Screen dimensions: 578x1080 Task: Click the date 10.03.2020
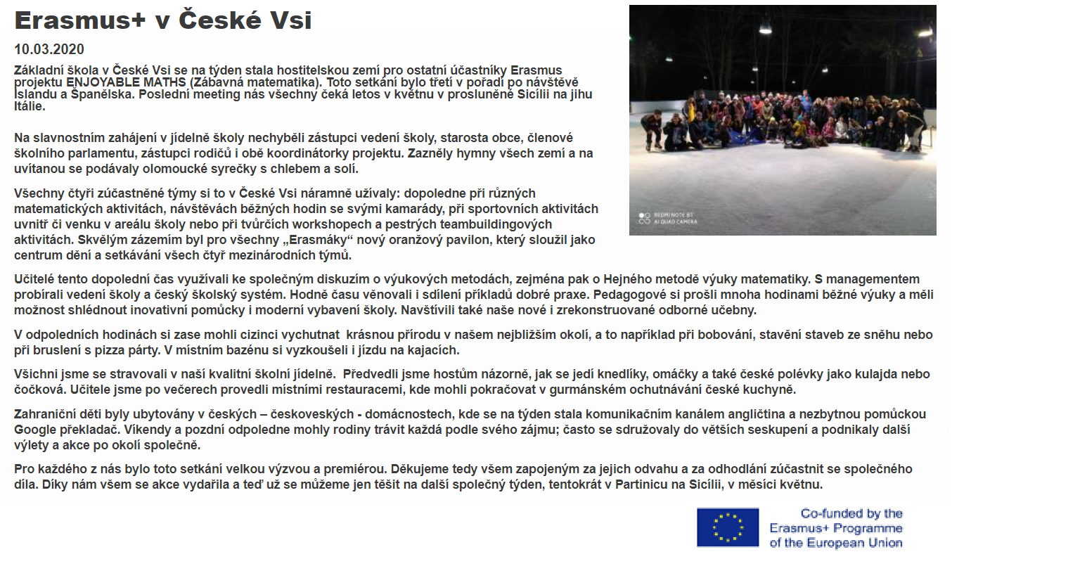point(49,49)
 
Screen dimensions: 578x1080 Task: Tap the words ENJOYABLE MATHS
point(126,82)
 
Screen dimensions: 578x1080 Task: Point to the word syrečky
point(238,169)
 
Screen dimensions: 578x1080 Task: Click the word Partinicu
point(643,484)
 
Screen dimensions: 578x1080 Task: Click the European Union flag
point(728,527)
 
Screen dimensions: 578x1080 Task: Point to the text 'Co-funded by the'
point(851,514)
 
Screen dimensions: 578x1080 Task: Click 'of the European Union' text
point(835,543)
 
